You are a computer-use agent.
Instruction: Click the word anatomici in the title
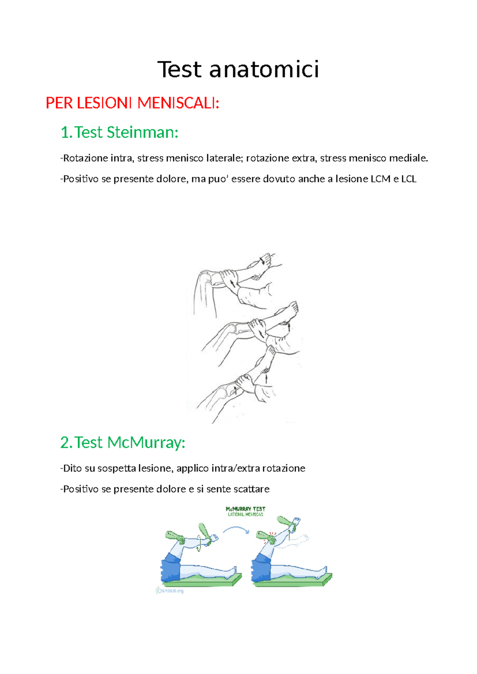(x=264, y=70)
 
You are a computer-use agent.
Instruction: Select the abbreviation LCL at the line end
(x=409, y=179)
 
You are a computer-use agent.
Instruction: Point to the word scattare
(x=251, y=489)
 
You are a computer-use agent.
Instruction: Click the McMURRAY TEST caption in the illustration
(x=245, y=509)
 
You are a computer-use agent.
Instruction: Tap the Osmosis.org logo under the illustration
(x=170, y=591)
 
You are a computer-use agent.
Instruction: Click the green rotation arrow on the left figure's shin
(x=199, y=543)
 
